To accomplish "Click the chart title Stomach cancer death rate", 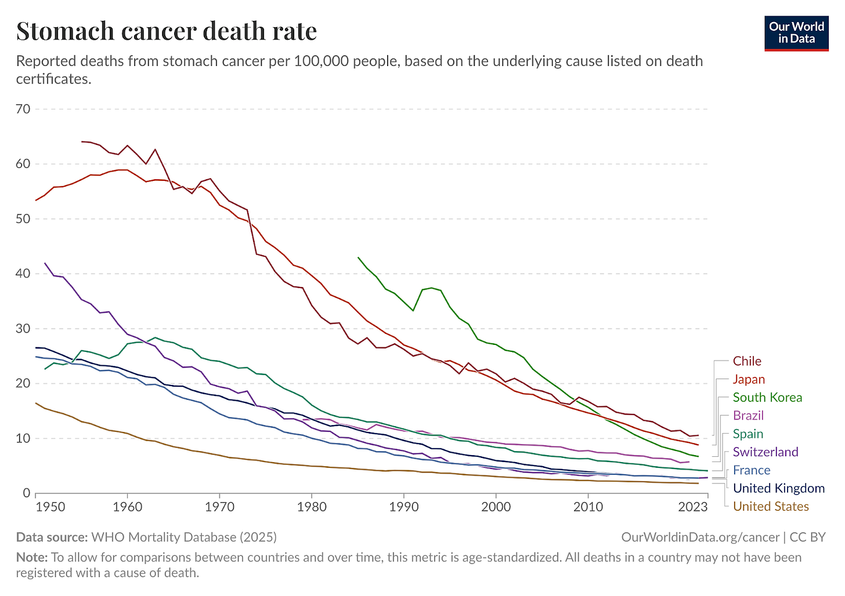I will [x=167, y=31].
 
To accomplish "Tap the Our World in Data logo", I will [x=796, y=33].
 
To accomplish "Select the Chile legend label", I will [x=746, y=361].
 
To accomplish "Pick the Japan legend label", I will [x=749, y=379].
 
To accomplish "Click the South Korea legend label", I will [x=767, y=398].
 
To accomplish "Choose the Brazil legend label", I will [x=748, y=416].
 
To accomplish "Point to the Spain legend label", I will [x=748, y=434].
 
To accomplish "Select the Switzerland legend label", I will [x=765, y=452].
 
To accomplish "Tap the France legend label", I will [x=751, y=470].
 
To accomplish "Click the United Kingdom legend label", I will [x=778, y=488].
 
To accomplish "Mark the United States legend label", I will [x=771, y=507].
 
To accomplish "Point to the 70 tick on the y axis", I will [x=24, y=109].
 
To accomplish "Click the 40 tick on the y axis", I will [x=24, y=274].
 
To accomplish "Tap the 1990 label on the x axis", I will [x=404, y=507].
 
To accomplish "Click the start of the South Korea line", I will [x=358, y=257].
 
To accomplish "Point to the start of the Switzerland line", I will [x=45, y=263].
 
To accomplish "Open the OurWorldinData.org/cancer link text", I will [x=700, y=537].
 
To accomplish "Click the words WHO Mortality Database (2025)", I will [x=184, y=537].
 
